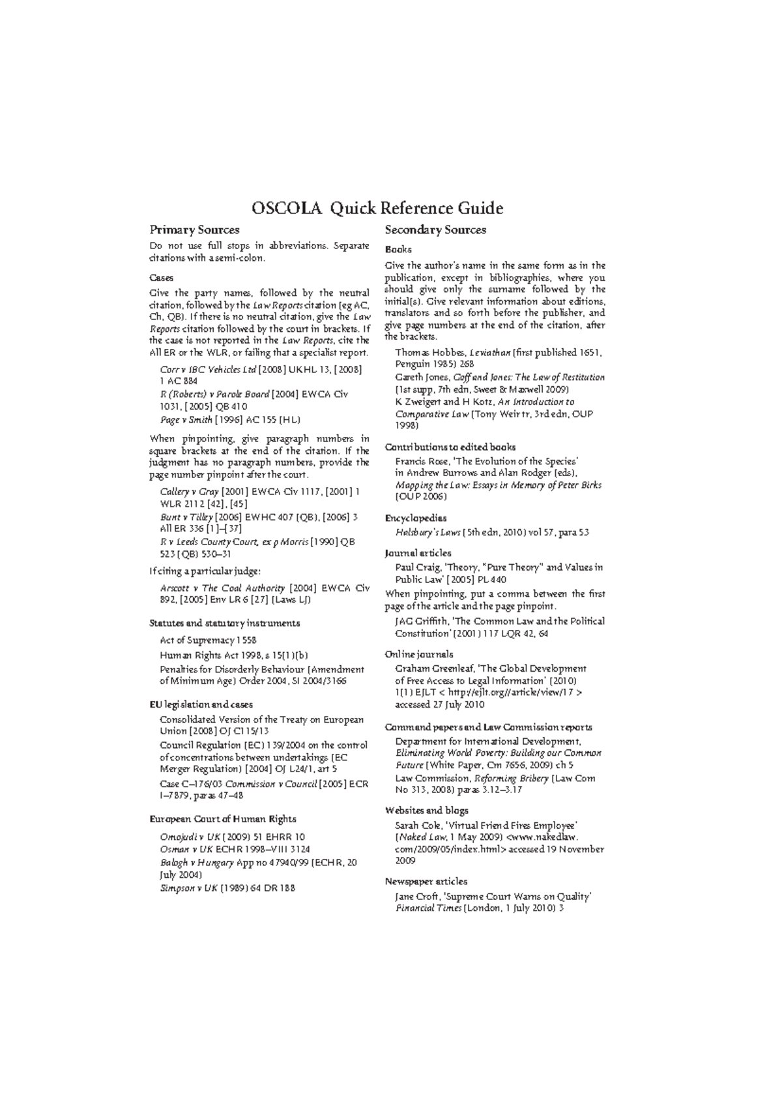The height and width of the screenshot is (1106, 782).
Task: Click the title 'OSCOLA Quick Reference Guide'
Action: click(x=377, y=209)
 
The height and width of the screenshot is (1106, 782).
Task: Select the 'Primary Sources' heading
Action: click(x=194, y=230)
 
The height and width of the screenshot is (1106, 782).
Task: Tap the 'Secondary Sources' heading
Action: click(x=435, y=230)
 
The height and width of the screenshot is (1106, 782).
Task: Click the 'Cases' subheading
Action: click(x=161, y=277)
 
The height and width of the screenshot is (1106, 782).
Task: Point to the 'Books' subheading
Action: click(x=398, y=250)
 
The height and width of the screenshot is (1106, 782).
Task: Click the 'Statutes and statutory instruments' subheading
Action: click(x=225, y=623)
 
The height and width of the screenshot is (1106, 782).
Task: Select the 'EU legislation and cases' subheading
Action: click(x=201, y=704)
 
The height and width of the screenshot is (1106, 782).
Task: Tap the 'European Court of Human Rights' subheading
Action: click(x=223, y=819)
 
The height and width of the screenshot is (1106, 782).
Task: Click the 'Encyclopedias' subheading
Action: click(x=416, y=518)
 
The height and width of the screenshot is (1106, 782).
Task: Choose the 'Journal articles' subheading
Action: click(x=418, y=553)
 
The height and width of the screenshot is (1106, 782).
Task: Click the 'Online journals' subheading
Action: click(x=419, y=654)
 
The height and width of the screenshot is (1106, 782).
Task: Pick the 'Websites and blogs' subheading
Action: click(x=426, y=811)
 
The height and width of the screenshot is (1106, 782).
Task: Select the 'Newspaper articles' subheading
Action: click(x=426, y=881)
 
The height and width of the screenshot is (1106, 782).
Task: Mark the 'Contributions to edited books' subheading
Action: click(x=450, y=447)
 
